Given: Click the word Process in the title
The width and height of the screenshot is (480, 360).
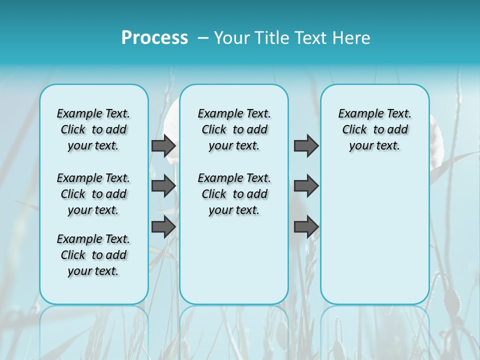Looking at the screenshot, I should point(154,38).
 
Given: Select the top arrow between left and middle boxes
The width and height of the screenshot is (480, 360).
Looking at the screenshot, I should point(163,145).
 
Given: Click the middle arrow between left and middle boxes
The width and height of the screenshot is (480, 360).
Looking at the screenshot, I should point(163,186).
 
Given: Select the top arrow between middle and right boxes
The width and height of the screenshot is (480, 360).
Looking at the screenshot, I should point(306,145).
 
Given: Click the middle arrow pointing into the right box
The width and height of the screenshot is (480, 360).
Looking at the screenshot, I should point(306,186).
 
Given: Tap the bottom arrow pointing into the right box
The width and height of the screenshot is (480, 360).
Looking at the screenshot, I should point(306,227).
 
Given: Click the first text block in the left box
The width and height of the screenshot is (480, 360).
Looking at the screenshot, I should point(93,129).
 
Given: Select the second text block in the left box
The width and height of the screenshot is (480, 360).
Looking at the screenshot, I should point(93,194).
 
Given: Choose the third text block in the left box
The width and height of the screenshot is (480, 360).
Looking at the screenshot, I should point(93,255).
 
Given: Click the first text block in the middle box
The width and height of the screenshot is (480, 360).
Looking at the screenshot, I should point(234,129).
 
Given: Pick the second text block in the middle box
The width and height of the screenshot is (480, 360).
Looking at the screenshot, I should point(234,194).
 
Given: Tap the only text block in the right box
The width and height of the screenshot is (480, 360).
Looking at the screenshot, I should point(374,129).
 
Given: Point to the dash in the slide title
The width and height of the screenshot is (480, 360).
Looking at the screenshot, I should point(203,38).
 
